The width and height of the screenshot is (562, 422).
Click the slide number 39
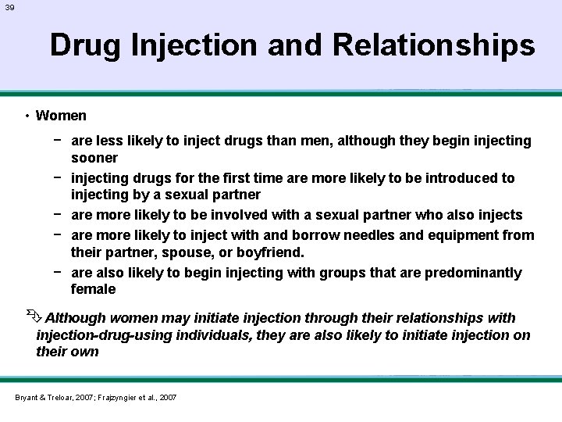[x=9, y=7]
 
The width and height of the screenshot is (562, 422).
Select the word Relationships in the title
[x=434, y=45]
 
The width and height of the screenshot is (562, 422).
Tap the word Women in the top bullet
[x=61, y=116]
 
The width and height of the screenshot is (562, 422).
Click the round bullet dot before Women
[x=27, y=116]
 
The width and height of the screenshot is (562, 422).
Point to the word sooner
[x=94, y=157]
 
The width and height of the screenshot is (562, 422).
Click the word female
[x=93, y=289]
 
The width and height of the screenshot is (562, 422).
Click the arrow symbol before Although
[x=31, y=316]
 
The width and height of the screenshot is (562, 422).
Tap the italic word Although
[x=76, y=318]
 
